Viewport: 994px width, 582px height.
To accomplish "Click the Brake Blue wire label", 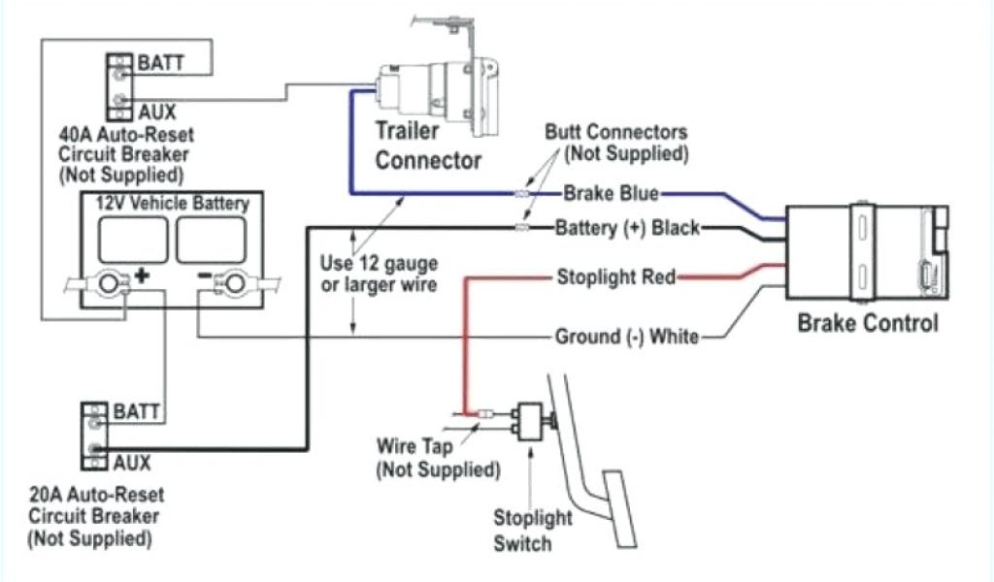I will tap(612, 193).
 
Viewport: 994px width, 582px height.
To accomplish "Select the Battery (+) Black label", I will tap(627, 229).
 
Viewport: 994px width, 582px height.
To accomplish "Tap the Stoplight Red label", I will tap(616, 278).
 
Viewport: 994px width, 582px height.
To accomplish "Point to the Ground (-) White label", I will tap(626, 337).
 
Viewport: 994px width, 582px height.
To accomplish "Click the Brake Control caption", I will tap(867, 323).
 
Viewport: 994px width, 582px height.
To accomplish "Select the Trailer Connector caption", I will tap(427, 145).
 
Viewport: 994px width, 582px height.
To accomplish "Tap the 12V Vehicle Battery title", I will tap(172, 204).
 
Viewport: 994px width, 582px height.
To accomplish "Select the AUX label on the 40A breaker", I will tap(156, 112).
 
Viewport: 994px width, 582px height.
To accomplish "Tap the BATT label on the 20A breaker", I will tap(137, 412).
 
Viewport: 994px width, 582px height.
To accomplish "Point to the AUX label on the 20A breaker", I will tap(132, 461).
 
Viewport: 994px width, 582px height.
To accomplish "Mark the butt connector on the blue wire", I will tap(523, 194).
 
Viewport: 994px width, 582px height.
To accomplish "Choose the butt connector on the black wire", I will tap(523, 229).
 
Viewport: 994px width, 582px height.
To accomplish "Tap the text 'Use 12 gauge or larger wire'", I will tap(379, 274).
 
